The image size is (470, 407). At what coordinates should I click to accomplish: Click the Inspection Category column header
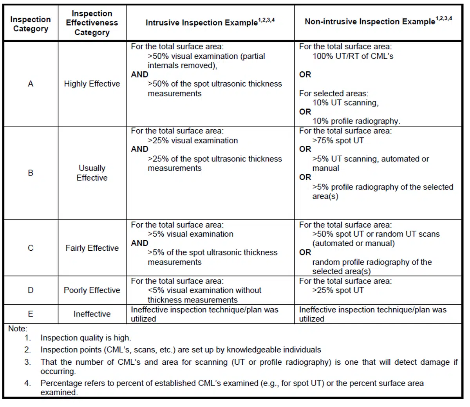point(30,24)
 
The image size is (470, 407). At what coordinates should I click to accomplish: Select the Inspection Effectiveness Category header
point(92,23)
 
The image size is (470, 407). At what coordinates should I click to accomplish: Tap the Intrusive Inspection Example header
point(210,22)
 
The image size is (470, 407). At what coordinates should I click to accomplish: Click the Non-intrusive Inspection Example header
point(378,21)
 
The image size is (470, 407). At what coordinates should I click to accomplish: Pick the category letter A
point(31,84)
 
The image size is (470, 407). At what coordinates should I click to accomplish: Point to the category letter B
point(31,173)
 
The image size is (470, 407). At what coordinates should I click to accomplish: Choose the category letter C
point(31,248)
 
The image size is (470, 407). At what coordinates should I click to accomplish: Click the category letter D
point(31,290)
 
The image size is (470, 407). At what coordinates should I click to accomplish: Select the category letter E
point(31,314)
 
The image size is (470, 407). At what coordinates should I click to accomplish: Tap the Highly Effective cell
point(92,84)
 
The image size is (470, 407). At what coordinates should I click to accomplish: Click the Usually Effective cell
point(92,173)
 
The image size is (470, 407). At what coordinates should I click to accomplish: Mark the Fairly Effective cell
point(92,248)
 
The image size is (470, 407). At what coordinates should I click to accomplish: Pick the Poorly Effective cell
point(92,290)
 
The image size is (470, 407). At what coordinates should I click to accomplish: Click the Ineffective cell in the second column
point(92,314)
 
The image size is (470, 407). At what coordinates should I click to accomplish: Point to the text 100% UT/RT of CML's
point(352,56)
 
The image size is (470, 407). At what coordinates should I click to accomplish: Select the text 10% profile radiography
point(356,121)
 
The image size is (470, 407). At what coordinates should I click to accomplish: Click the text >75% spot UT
point(338,140)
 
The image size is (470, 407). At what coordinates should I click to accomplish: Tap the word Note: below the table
point(18,329)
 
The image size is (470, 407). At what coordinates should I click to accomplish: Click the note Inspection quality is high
point(86,338)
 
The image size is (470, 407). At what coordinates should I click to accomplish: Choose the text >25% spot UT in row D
point(338,290)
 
